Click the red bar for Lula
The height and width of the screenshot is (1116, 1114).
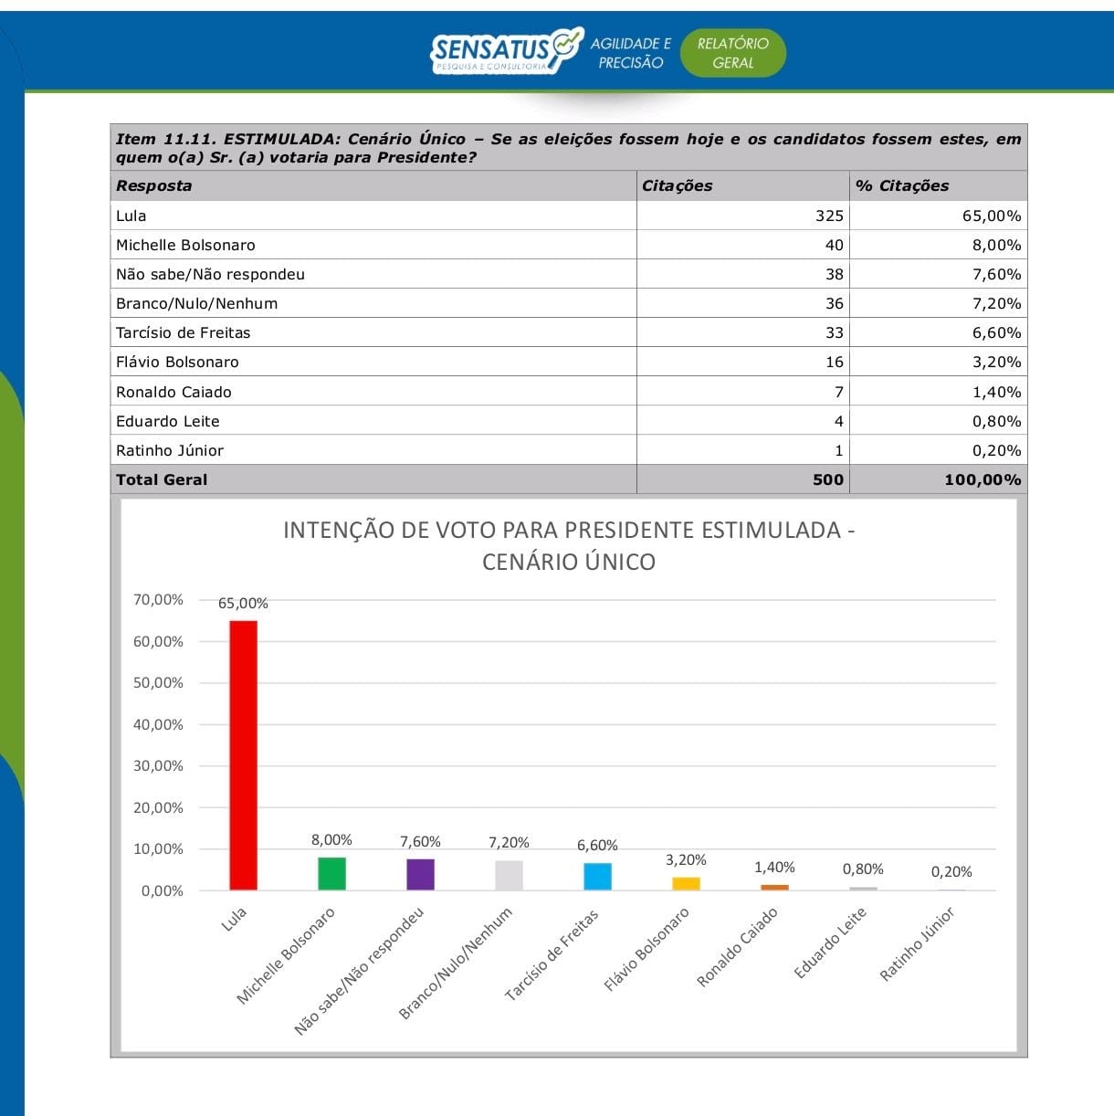tap(243, 754)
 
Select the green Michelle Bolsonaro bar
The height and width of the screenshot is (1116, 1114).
tap(331, 873)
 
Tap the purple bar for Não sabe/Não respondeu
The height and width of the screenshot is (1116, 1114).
tap(420, 874)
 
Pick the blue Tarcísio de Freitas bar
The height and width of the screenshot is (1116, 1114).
tap(597, 876)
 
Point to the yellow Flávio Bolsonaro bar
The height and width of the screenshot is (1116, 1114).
tap(686, 883)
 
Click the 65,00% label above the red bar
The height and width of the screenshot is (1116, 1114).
tap(243, 604)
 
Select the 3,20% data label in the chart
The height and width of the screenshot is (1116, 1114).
tap(686, 860)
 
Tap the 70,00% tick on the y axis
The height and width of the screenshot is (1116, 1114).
tap(158, 600)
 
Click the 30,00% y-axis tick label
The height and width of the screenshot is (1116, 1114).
tap(158, 766)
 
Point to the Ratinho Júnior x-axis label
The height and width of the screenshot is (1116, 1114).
tap(918, 944)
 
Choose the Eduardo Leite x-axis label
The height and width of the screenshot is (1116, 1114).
tap(830, 942)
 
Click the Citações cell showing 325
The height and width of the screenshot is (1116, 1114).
tap(829, 216)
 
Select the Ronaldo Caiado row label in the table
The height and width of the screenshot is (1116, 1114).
tap(173, 392)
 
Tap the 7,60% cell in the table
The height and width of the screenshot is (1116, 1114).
tap(996, 274)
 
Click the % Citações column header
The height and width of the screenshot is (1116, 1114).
tap(902, 185)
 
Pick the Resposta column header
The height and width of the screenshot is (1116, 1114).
tap(154, 185)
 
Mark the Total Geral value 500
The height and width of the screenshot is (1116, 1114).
tap(828, 479)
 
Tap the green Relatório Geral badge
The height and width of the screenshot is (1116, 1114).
tap(733, 53)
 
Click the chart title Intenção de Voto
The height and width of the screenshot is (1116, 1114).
tap(569, 545)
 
